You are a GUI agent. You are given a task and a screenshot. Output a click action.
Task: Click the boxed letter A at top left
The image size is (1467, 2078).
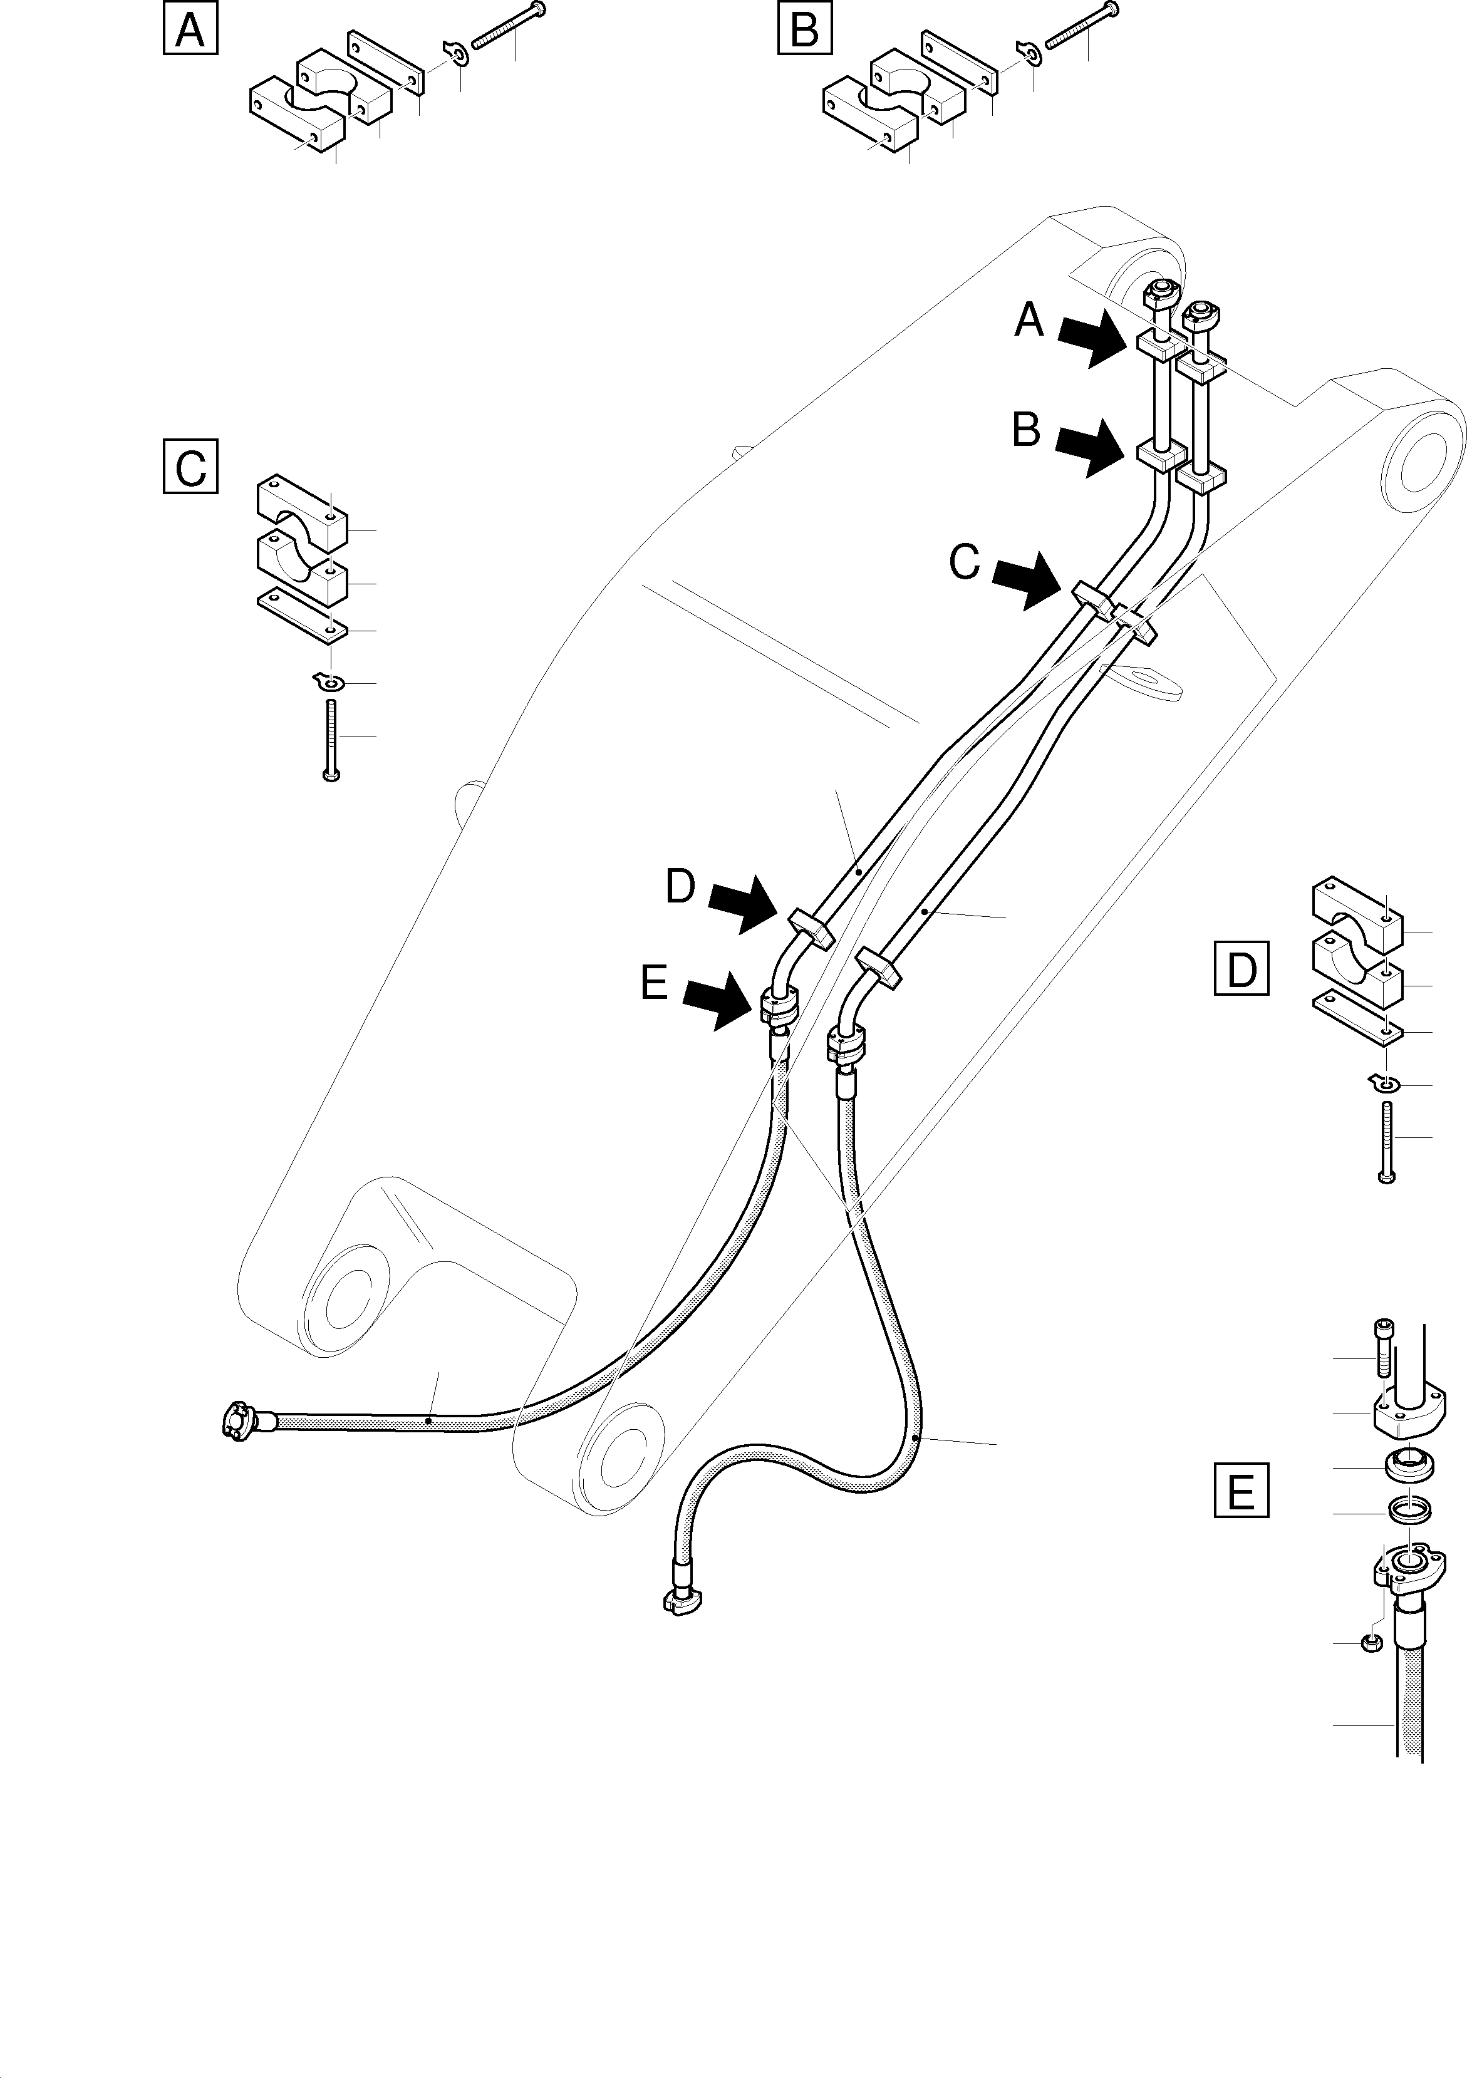[x=190, y=30]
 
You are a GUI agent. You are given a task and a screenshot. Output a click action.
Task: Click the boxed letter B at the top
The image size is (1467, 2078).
[x=804, y=30]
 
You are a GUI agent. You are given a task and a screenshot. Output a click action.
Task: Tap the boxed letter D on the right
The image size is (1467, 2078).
[x=1241, y=969]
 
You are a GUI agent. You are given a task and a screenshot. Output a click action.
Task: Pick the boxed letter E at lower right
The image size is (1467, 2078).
[x=1241, y=1489]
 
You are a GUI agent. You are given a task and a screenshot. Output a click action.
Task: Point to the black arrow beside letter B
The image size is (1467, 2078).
[x=1091, y=448]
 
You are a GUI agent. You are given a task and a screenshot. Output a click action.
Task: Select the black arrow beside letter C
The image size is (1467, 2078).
[x=1028, y=581]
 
